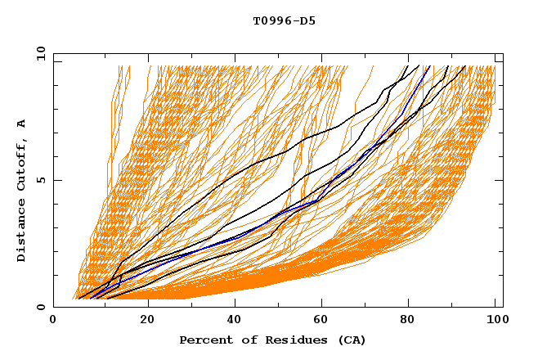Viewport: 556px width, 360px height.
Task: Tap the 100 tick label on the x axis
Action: (495, 320)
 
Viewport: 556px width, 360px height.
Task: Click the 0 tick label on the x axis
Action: (54, 320)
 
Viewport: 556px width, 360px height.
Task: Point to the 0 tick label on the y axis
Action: (40, 307)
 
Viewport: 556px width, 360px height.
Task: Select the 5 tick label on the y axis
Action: (40, 180)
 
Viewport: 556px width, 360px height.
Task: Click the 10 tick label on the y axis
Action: (38, 53)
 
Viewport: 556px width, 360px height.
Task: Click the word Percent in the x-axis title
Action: (204, 340)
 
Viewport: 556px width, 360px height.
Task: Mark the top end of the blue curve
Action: (428, 66)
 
